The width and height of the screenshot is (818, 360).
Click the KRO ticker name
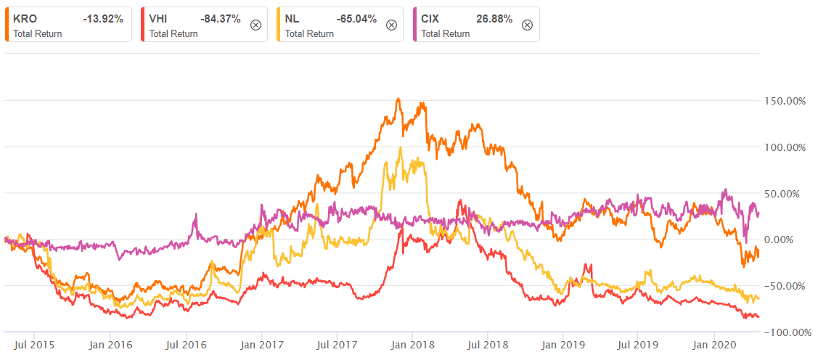coord(23,19)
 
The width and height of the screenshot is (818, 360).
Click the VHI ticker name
coord(159,19)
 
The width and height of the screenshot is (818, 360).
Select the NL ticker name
coord(293,19)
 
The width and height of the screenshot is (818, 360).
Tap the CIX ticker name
coord(430,19)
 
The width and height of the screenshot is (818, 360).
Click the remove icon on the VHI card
coord(255,25)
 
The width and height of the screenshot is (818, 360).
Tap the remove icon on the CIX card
coord(528,25)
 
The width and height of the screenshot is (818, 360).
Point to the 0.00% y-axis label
coord(790,240)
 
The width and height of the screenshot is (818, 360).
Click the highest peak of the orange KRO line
coord(398,99)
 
